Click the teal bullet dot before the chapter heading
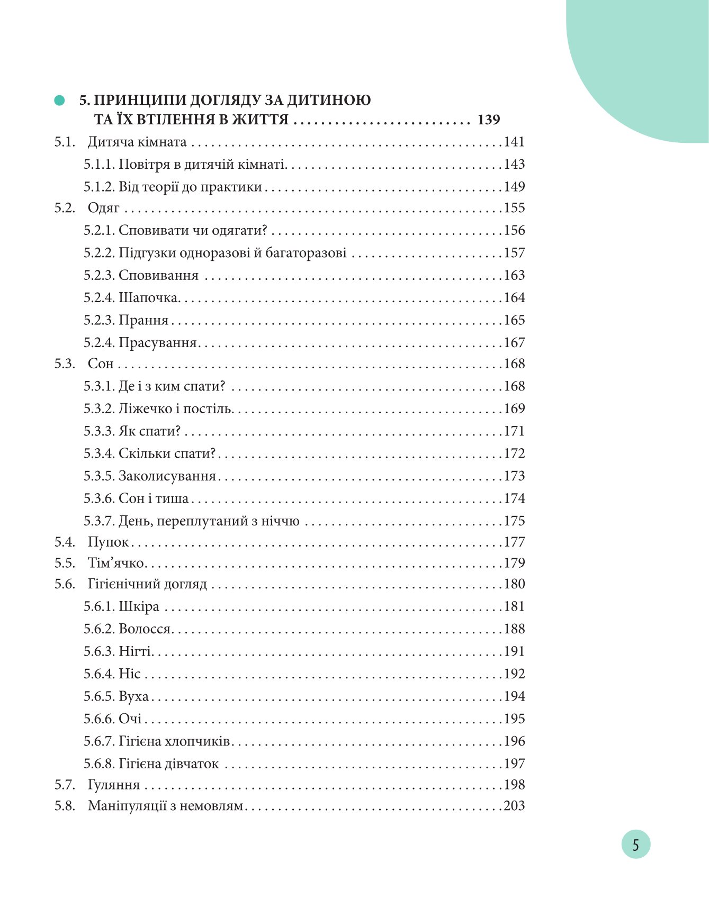59,101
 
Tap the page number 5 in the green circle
635,845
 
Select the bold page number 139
488,120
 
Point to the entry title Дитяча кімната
137,142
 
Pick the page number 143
514,165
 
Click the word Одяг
104,208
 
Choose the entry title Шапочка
148,298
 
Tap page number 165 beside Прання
514,320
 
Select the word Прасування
158,343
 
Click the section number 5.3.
65,364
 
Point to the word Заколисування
167,476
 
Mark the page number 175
514,521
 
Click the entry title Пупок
108,542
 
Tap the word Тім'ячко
116,564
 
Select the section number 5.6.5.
99,696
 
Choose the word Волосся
145,629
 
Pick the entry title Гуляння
114,785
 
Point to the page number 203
514,806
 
